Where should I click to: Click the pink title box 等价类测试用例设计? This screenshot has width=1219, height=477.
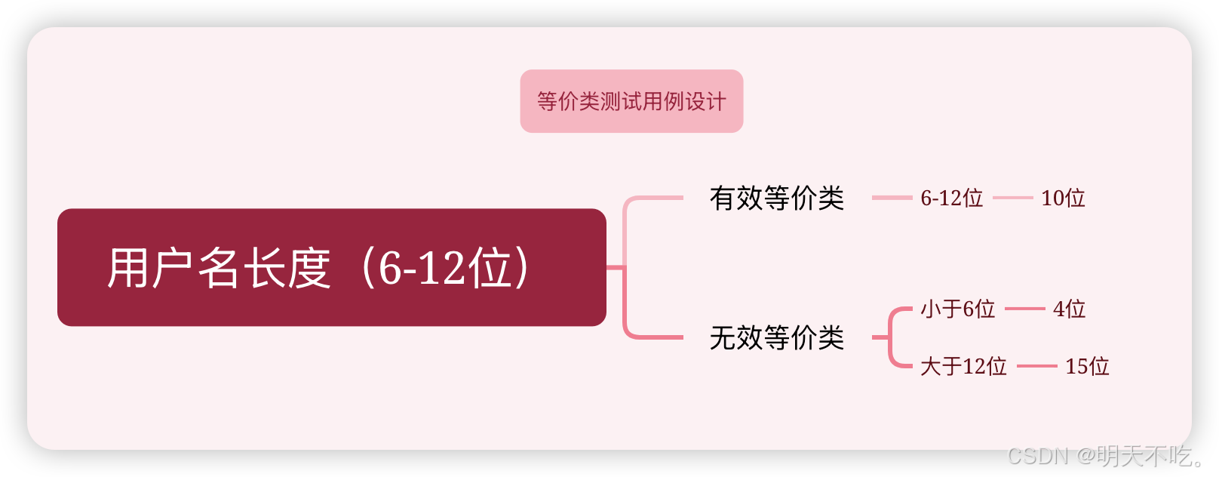[631, 101]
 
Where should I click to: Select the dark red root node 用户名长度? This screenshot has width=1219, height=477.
[331, 267]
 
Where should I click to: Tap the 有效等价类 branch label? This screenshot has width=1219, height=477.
[776, 198]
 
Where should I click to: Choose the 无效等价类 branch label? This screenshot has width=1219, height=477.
[776, 337]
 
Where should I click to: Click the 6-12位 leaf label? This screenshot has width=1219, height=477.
[951, 198]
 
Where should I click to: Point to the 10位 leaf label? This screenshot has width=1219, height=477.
[1063, 198]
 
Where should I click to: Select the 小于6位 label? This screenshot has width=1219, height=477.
[957, 309]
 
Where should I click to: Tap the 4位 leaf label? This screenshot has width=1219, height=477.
[1069, 309]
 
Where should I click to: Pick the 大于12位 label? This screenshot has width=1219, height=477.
[963, 367]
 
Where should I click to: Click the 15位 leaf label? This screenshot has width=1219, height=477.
[1087, 367]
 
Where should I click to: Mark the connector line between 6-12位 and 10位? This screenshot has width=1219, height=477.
[1012, 198]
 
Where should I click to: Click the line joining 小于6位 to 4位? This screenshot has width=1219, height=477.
[1024, 309]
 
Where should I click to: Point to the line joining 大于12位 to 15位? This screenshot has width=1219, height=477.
[1036, 367]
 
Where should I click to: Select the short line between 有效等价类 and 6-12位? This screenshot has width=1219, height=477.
[892, 198]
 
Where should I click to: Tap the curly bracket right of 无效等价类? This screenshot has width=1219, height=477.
[892, 337]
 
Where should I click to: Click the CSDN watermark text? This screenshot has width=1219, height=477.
[1036, 455]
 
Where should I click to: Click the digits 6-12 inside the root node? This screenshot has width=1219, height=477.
[422, 268]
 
